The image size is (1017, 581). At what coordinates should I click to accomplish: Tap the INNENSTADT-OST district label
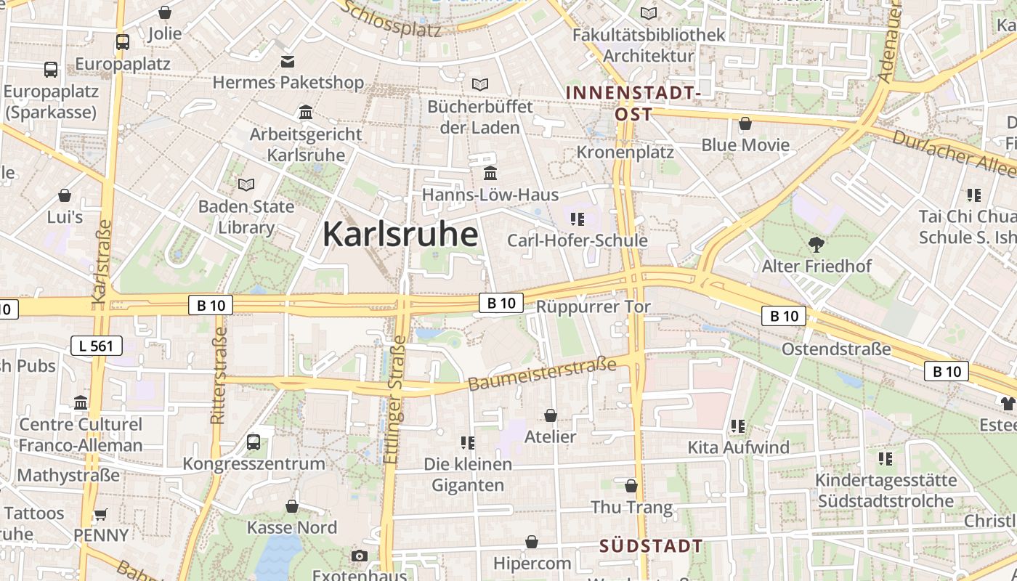pyautogui.click(x=633, y=103)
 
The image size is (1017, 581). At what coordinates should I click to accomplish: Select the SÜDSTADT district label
pyautogui.click(x=651, y=546)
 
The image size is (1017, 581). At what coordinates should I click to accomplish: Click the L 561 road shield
pyautogui.click(x=97, y=346)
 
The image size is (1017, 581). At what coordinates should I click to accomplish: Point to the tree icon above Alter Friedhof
pyautogui.click(x=817, y=245)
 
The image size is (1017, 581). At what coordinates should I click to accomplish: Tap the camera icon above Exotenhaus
pyautogui.click(x=359, y=556)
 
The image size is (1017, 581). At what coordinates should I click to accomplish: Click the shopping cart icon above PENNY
pyautogui.click(x=101, y=514)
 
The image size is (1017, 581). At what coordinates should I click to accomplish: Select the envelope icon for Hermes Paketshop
pyautogui.click(x=288, y=61)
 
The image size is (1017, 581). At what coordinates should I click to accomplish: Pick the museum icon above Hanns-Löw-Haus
pyautogui.click(x=490, y=174)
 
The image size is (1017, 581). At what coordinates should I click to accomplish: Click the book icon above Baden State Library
pyautogui.click(x=246, y=185)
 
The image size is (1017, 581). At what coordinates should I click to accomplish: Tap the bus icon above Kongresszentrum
pyautogui.click(x=254, y=442)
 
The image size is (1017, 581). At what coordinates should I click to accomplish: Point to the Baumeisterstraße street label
pyautogui.click(x=543, y=373)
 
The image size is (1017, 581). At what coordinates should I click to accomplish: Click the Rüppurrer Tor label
pyautogui.click(x=593, y=306)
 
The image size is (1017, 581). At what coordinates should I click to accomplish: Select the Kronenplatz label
pyautogui.click(x=625, y=152)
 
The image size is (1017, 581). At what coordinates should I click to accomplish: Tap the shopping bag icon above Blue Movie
pyautogui.click(x=745, y=123)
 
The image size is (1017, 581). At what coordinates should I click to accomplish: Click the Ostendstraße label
pyautogui.click(x=836, y=349)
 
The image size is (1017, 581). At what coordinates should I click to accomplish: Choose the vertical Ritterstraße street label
pyautogui.click(x=218, y=375)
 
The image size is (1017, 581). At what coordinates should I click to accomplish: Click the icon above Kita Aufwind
pyautogui.click(x=738, y=426)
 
